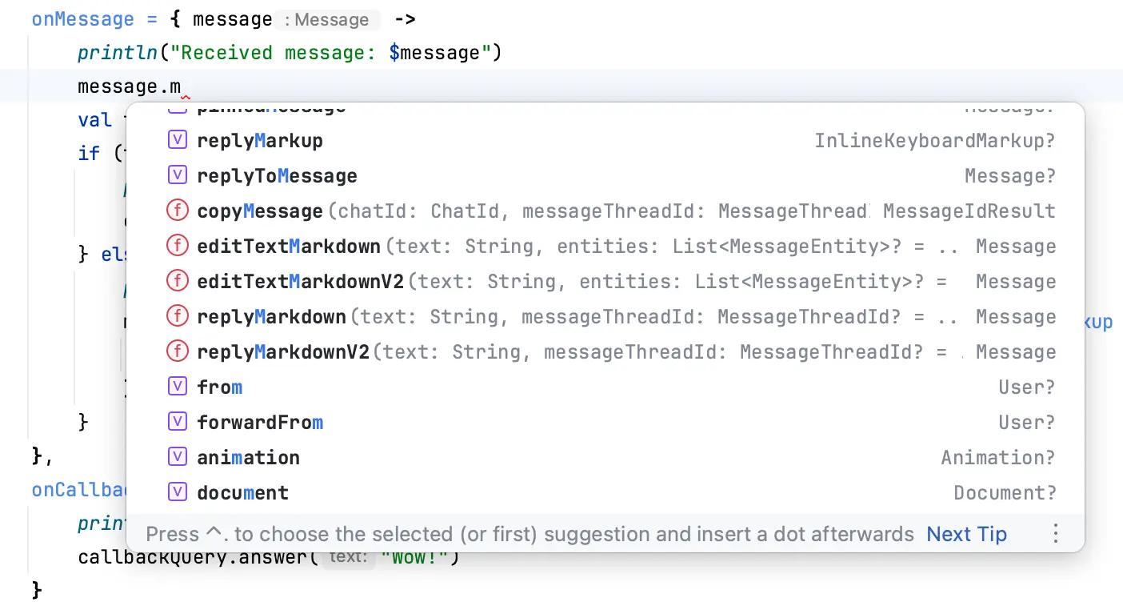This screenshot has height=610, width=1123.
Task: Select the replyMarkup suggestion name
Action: pyautogui.click(x=259, y=141)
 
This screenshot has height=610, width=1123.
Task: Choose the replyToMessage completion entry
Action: pyautogui.click(x=277, y=176)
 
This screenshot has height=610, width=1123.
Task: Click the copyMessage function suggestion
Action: pyautogui.click(x=259, y=211)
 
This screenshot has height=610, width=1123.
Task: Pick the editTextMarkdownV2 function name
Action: pyautogui.click(x=301, y=282)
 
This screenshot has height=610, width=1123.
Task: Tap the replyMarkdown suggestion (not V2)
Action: pyautogui.click(x=271, y=317)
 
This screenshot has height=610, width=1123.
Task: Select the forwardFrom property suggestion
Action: pyautogui.click(x=260, y=423)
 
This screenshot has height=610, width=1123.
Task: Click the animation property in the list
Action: pyautogui.click(x=248, y=458)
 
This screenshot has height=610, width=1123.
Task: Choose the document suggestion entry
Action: pyautogui.click(x=242, y=493)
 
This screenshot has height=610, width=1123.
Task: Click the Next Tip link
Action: pyautogui.click(x=966, y=534)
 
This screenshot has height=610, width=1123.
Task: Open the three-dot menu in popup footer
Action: pyautogui.click(x=1056, y=534)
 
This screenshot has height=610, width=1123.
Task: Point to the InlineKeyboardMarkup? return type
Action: pyautogui.click(x=934, y=141)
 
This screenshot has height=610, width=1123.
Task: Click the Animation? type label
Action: pyautogui.click(x=997, y=458)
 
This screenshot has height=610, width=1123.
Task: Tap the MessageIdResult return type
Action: pyautogui.click(x=969, y=211)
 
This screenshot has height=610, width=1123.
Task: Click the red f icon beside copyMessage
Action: pyautogui.click(x=177, y=211)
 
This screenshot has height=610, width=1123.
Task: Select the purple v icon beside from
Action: pyautogui.click(x=177, y=387)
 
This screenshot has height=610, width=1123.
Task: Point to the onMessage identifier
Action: pyautogui.click(x=83, y=19)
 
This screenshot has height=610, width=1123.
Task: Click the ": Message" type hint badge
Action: pyautogui.click(x=326, y=20)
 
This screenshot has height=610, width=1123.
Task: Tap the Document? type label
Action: pyautogui.click(x=1005, y=493)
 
